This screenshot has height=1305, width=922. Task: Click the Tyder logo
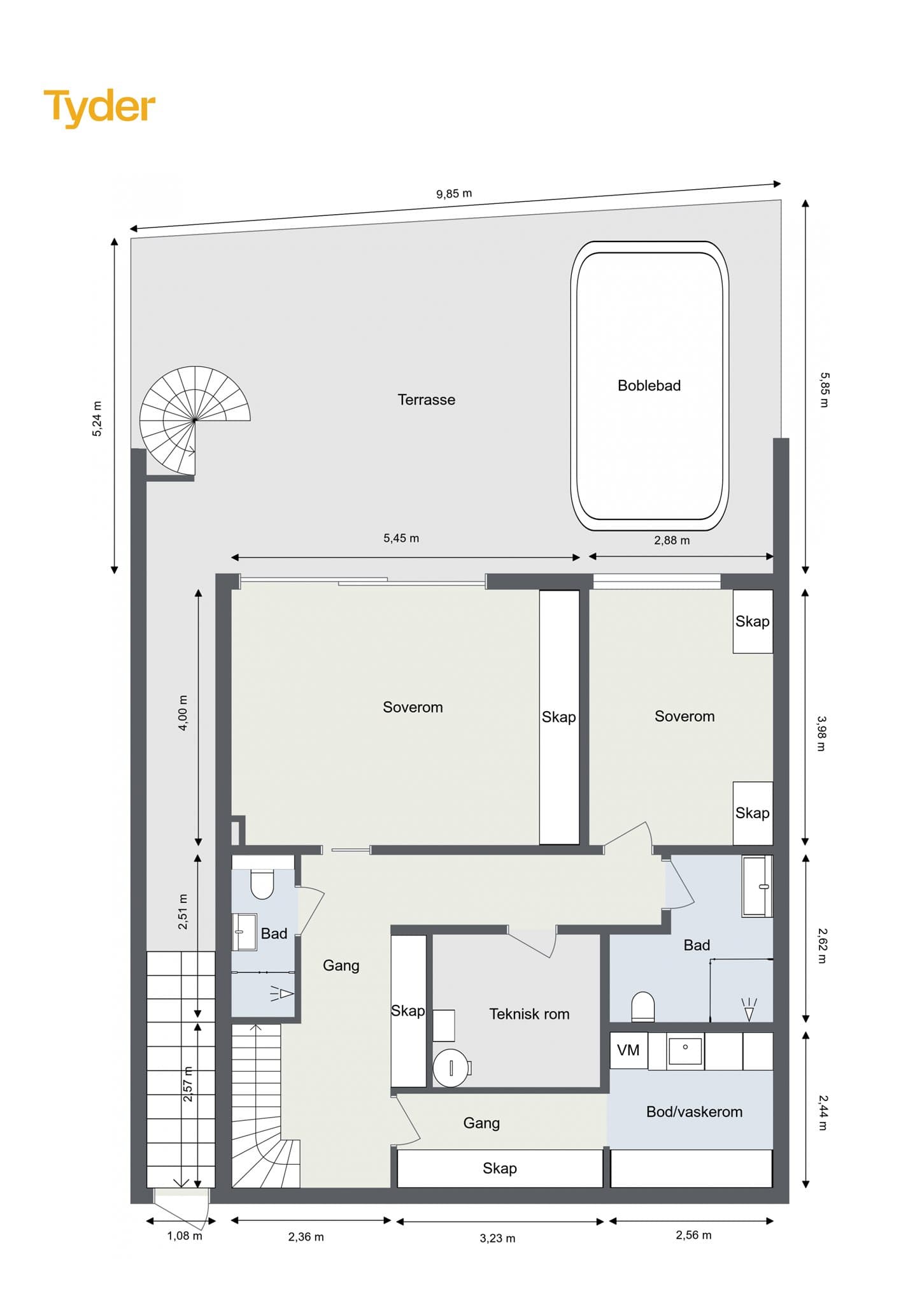point(99,107)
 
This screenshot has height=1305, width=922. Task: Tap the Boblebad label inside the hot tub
point(649,386)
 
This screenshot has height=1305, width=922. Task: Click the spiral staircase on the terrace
point(195,421)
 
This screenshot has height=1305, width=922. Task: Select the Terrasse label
point(426,400)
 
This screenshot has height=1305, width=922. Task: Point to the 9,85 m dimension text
point(454,194)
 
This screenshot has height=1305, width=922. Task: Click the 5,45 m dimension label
point(401,538)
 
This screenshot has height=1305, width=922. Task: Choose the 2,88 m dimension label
point(672,540)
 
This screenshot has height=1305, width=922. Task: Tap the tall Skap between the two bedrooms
point(560,717)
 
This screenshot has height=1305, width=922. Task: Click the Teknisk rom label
point(529,1014)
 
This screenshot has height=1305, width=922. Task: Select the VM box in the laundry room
point(628,1050)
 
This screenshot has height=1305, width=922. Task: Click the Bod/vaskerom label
point(694,1112)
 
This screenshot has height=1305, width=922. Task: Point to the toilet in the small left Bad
point(262,883)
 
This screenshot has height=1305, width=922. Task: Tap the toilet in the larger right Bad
point(643,1006)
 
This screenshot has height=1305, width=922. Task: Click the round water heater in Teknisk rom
point(451,1067)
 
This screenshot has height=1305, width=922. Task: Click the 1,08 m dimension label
point(185,1236)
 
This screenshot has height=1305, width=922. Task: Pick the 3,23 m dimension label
point(497,1238)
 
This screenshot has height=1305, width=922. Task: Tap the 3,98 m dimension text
point(821,733)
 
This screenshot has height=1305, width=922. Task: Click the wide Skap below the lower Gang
point(500,1169)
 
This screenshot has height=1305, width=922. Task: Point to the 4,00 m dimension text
point(183,712)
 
